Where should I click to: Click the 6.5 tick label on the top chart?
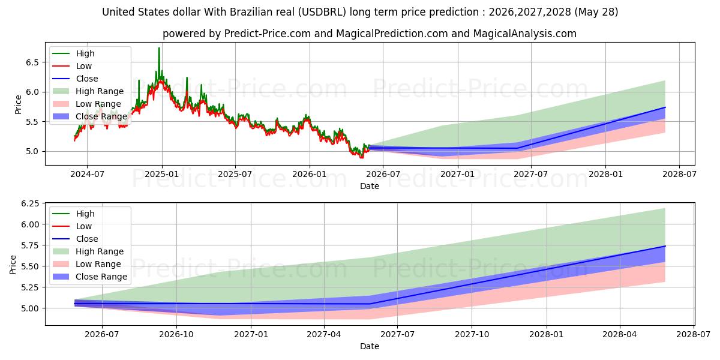[32, 62]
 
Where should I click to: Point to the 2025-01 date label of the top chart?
[161, 174]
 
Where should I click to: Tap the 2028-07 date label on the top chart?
[679, 174]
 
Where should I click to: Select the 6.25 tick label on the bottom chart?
[30, 203]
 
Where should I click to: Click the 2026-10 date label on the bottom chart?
[176, 334]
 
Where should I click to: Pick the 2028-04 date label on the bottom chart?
[620, 334]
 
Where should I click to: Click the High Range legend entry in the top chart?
[88, 91]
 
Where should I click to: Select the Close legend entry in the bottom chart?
[75, 239]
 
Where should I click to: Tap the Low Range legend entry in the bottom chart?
[87, 264]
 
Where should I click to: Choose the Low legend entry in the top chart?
[72, 66]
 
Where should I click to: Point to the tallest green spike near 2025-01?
[159, 48]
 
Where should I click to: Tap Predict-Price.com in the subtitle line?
[268, 34]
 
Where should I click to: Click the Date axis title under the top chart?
[370, 186]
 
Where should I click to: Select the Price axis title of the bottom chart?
[13, 265]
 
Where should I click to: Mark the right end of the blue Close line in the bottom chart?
[665, 246]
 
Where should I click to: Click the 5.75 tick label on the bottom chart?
[30, 245]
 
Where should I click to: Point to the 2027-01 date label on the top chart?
[457, 174]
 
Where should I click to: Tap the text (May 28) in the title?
[596, 12]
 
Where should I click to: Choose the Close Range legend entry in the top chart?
[89, 116]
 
